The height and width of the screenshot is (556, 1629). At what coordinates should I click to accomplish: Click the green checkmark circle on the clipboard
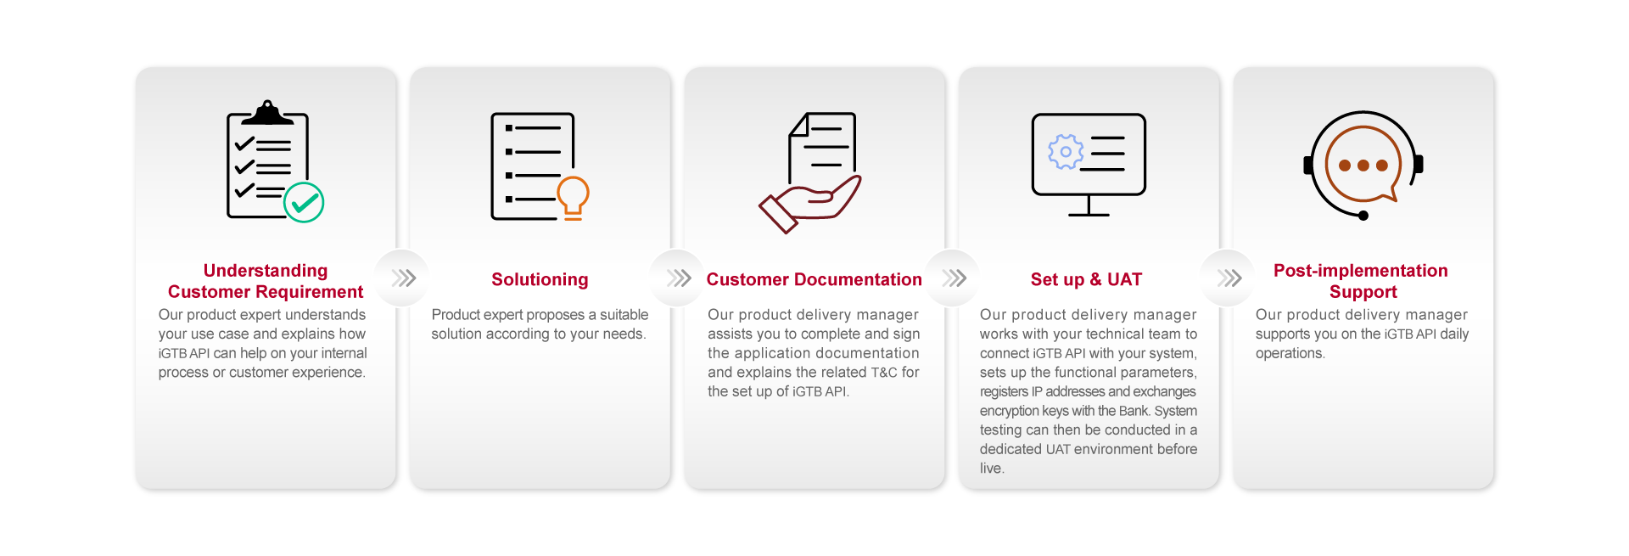[x=304, y=203]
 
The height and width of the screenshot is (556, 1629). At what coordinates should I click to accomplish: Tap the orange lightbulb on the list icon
[x=573, y=198]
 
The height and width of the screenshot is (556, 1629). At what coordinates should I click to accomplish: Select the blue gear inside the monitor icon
[x=1066, y=152]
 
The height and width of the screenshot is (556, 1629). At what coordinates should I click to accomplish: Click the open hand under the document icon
[x=810, y=205]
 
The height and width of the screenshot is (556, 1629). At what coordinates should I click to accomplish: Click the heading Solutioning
[x=540, y=279]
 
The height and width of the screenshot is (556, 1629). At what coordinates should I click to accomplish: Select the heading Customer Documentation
[x=814, y=279]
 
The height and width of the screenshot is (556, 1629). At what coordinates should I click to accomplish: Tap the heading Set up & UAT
[x=1086, y=279]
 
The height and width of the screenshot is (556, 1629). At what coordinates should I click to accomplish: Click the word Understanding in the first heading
[x=266, y=271]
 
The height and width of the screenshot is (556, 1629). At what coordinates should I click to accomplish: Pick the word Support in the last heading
[x=1363, y=292]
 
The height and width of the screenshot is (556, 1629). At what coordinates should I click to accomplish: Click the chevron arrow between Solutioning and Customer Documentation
[x=679, y=278]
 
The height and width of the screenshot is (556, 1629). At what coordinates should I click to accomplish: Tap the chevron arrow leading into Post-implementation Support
[x=1229, y=278]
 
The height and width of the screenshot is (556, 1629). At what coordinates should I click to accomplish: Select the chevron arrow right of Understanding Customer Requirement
[x=403, y=278]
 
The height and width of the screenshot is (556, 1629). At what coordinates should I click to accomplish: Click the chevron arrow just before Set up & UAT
[x=954, y=278]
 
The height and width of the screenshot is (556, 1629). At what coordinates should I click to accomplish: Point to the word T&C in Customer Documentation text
[x=884, y=373]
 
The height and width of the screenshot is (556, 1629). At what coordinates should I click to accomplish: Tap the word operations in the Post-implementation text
[x=1290, y=354]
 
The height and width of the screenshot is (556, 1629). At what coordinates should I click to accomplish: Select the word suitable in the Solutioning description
[x=624, y=315]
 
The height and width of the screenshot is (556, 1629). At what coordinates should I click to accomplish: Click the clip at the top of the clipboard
[x=267, y=112]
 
